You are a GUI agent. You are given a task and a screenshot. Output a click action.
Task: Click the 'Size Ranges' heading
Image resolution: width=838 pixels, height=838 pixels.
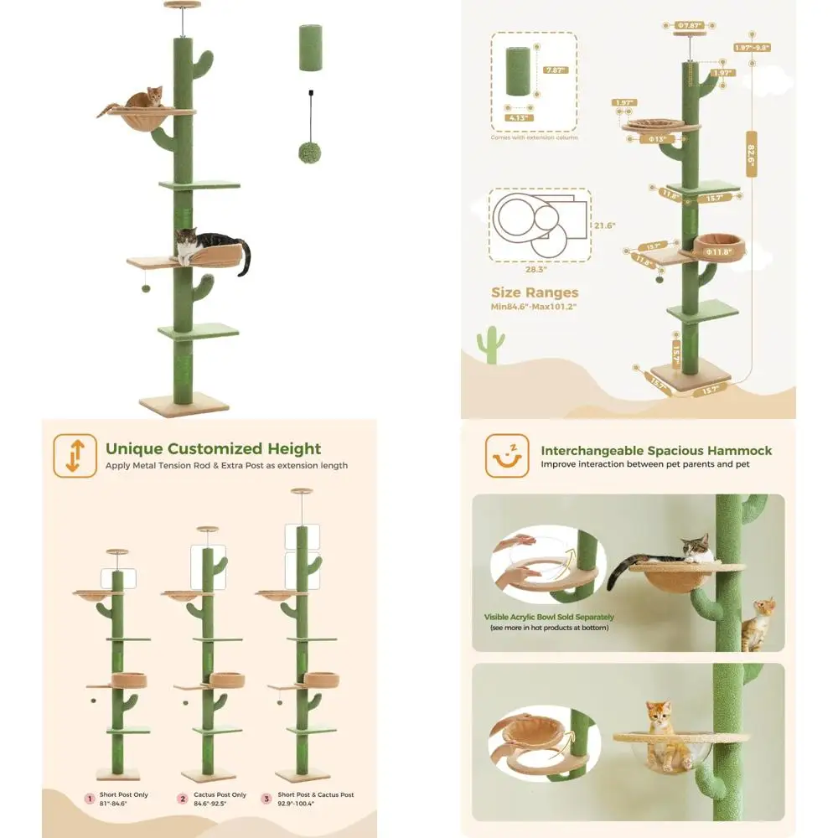(535, 292)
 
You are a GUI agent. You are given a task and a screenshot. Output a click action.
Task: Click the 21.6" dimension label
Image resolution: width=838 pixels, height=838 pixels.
(604, 225)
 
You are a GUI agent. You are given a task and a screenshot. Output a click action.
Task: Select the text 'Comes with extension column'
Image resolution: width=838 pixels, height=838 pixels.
(535, 137)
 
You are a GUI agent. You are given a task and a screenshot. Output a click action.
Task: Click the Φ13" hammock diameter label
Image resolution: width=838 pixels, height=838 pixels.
(657, 139)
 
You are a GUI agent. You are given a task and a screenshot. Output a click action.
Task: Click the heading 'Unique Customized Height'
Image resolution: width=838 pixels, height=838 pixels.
(213, 448)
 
